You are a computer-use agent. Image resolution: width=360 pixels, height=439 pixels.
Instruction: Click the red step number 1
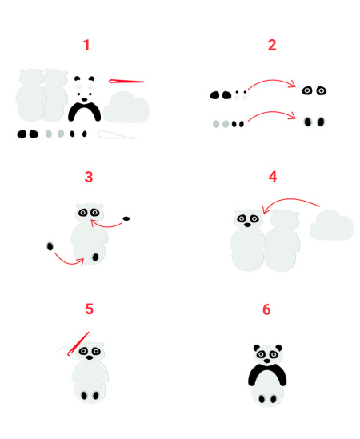pyautogui.click(x=87, y=45)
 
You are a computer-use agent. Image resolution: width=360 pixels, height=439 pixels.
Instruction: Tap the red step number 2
pyautogui.click(x=272, y=45)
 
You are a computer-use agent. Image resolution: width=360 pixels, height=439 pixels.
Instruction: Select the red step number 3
pyautogui.click(x=89, y=177)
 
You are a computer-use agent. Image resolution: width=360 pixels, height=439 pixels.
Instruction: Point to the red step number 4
pyautogui.click(x=273, y=177)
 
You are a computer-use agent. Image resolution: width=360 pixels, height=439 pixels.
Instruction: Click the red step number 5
pyautogui.click(x=89, y=309)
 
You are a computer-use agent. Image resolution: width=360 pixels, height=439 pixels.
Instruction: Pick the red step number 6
pyautogui.click(x=266, y=309)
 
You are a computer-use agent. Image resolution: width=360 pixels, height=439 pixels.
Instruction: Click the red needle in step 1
pyautogui.click(x=126, y=82)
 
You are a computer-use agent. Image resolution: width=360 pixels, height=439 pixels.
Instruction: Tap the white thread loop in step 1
pyautogui.click(x=116, y=134)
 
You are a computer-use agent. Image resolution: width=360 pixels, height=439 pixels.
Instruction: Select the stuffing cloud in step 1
pyautogui.click(x=126, y=107)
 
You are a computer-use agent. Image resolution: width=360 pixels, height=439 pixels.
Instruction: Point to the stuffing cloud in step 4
pyautogui.click(x=332, y=225)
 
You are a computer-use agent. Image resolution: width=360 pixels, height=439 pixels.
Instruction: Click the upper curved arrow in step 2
pyautogui.click(x=272, y=81)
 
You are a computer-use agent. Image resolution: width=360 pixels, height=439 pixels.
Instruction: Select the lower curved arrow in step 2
pyautogui.click(x=272, y=112)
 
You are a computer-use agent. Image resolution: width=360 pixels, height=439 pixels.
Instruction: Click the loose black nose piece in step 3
pyautogui.click(x=126, y=218)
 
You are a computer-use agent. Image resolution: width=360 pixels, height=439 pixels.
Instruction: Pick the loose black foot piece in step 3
pyautogui.click(x=50, y=246)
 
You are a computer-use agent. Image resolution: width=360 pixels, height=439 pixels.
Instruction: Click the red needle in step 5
pyautogui.click(x=78, y=344)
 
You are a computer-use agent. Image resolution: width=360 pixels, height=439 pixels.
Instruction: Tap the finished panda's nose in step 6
pyautogui.click(x=267, y=361)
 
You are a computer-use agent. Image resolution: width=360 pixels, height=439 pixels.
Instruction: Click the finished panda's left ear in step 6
pyautogui.click(x=257, y=348)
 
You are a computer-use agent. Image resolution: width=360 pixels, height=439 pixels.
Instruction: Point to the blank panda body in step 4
pyautogui.click(x=282, y=241)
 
